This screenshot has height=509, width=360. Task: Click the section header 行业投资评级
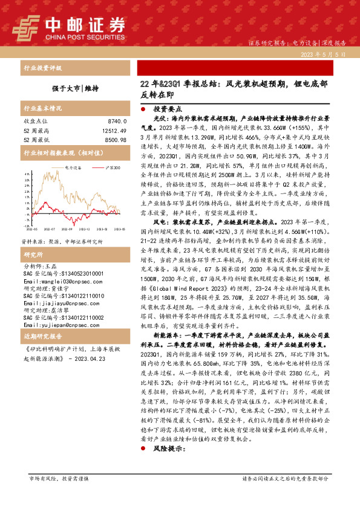tap(42, 68)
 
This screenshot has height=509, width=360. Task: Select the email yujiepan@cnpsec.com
tap(55, 323)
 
